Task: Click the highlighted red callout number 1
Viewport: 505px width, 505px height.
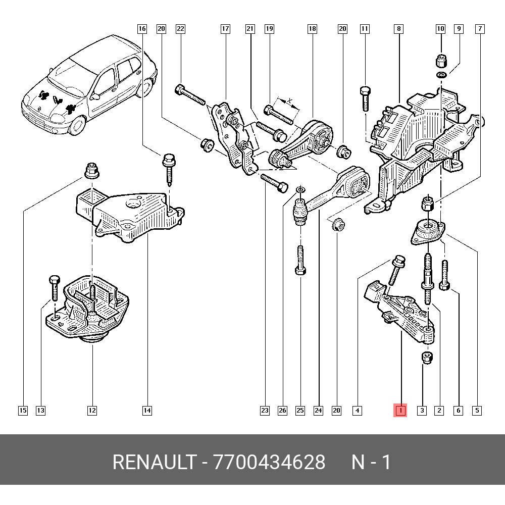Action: click(400, 411)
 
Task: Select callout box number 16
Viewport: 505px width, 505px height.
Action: click(142, 29)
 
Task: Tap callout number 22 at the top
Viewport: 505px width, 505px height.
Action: click(180, 29)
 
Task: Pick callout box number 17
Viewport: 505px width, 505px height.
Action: click(225, 29)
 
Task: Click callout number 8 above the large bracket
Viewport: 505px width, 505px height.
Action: click(399, 29)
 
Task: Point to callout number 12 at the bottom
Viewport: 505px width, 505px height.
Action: click(91, 411)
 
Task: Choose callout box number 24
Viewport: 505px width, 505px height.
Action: click(318, 411)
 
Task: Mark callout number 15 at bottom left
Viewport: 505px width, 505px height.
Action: click(23, 411)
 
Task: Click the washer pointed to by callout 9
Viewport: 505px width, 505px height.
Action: click(441, 75)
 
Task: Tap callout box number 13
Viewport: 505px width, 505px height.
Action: click(40, 411)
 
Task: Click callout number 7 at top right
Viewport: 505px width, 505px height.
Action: click(479, 29)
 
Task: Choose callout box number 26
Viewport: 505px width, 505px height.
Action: click(282, 411)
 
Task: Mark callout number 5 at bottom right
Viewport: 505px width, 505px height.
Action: click(477, 411)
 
